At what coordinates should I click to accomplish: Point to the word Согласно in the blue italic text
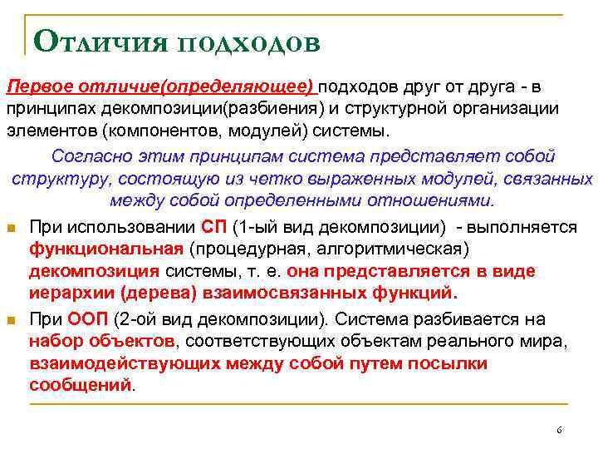tap(87, 156)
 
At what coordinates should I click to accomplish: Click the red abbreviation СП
tap(213, 226)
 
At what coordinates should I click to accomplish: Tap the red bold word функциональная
tap(105, 249)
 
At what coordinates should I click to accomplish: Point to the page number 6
tap(559, 430)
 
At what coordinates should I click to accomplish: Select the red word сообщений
tap(80, 385)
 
